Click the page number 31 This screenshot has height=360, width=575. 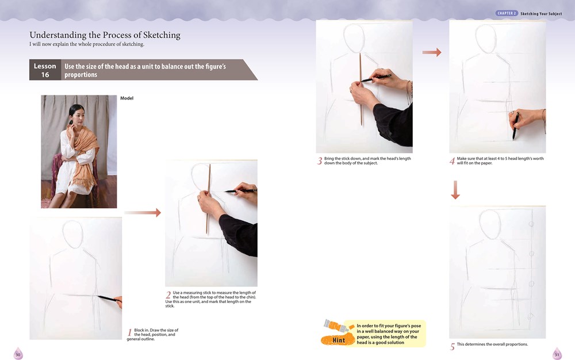(557, 355)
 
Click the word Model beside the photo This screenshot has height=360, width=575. (126, 98)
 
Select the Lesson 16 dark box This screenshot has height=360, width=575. (45, 70)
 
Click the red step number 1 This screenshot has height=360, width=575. (130, 332)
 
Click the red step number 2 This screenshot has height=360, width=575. (168, 295)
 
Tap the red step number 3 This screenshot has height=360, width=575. (320, 162)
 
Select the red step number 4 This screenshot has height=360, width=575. (453, 162)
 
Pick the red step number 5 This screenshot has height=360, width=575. (453, 346)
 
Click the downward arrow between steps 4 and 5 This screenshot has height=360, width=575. (455, 190)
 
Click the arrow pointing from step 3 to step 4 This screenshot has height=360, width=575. (431, 52)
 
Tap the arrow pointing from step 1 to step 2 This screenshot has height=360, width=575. (143, 213)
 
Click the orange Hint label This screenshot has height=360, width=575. (339, 340)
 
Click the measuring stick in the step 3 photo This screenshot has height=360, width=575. (361, 92)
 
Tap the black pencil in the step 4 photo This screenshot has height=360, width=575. (516, 125)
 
